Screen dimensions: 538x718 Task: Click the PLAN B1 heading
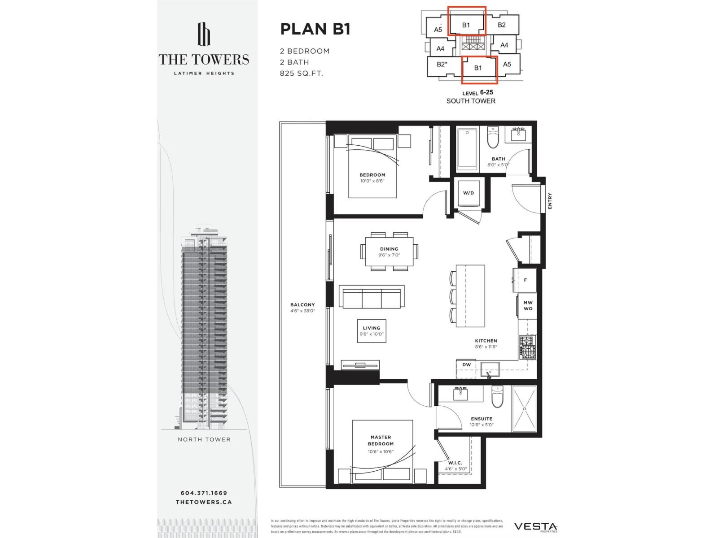(x=315, y=29)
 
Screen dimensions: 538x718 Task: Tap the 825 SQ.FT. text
(x=301, y=73)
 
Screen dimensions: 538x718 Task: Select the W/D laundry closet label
(x=468, y=193)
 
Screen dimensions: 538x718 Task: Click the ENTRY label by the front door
(x=550, y=201)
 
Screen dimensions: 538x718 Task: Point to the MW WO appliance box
(x=528, y=306)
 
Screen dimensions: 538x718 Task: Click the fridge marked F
(x=525, y=280)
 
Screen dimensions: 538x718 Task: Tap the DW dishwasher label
(x=467, y=365)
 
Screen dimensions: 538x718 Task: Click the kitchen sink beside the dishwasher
(x=489, y=371)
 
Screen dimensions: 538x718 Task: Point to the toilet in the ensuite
(x=497, y=397)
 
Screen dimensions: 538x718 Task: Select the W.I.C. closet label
(x=455, y=463)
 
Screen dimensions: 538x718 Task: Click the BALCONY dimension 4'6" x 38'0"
(x=302, y=311)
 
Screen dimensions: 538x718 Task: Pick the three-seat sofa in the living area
(x=372, y=297)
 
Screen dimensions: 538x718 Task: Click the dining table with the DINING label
(x=389, y=252)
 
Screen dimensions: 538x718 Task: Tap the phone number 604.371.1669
(x=204, y=493)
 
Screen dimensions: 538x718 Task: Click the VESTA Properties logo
(x=535, y=527)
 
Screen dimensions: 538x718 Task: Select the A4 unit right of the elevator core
(x=504, y=45)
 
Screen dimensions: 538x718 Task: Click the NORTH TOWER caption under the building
(x=204, y=439)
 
